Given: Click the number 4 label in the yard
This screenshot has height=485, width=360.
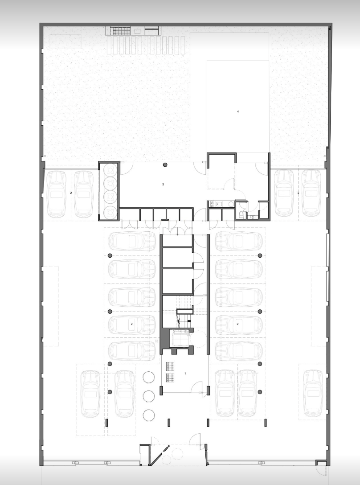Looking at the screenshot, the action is (238, 111).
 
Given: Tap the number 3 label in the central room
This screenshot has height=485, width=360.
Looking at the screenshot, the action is (163, 185).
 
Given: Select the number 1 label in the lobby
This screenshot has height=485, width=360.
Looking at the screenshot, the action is (185, 374).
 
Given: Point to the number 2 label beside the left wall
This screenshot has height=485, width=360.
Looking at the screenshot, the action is (71, 193).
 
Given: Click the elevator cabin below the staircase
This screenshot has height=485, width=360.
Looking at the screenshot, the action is (180, 337).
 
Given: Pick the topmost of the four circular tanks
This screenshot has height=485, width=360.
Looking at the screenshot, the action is (110, 170).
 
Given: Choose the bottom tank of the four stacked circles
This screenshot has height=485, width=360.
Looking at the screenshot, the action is (110, 212).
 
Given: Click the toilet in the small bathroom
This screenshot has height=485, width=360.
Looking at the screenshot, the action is (241, 214).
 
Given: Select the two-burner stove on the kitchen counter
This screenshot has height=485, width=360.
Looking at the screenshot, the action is (213, 204).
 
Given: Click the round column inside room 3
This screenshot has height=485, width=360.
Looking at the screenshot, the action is (165, 165).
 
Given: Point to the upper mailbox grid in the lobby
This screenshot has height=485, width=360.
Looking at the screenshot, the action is (170, 366).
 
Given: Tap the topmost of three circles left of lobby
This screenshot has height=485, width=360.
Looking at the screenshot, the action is (148, 377).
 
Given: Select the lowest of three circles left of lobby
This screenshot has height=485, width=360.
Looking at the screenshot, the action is (149, 415).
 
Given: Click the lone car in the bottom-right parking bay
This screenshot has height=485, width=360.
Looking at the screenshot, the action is (314, 394).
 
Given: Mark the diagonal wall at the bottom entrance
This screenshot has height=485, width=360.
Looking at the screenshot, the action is (159, 455).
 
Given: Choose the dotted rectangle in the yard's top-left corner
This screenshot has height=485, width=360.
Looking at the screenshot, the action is (65, 41).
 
